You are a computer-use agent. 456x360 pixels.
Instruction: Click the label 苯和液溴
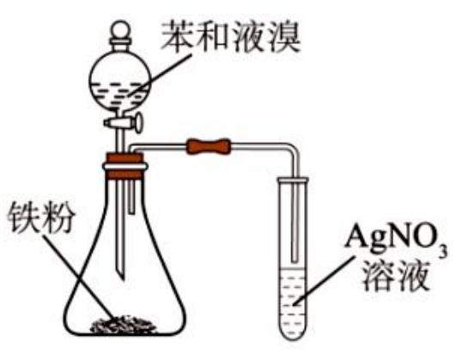point(230,38)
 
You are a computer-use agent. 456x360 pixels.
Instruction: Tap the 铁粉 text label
point(41,218)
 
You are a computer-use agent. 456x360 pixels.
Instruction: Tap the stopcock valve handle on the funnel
point(138,123)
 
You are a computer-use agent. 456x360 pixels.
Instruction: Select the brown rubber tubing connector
point(210,147)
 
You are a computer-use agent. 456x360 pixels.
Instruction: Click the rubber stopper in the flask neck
point(125,166)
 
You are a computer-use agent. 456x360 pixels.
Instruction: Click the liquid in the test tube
point(293,302)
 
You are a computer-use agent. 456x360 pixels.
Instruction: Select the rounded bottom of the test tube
point(293,335)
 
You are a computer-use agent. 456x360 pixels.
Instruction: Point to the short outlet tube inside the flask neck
point(131,197)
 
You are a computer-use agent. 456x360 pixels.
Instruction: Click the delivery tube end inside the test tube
point(295,259)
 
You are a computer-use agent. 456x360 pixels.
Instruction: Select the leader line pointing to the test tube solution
point(325,281)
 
